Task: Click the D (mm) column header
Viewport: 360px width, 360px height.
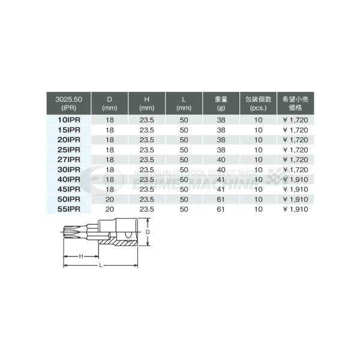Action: coord(110,103)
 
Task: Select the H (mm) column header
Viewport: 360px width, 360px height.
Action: coord(147,103)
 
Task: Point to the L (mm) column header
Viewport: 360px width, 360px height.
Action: coord(184,103)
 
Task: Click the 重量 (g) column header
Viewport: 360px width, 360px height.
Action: coord(221,103)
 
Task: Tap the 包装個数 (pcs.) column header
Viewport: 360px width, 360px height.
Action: coord(259,103)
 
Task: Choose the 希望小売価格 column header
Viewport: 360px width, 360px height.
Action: coord(296,103)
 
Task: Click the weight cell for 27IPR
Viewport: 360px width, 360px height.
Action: coord(221,159)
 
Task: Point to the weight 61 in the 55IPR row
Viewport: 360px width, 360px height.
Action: coord(221,210)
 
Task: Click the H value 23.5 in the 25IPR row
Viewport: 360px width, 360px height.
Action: coord(147,149)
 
